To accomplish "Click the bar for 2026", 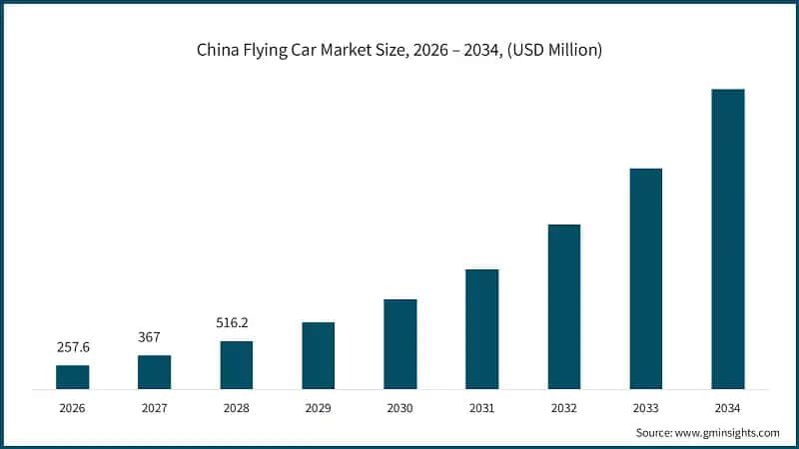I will pyautogui.click(x=72, y=377).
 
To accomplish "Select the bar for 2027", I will pyautogui.click(x=154, y=372).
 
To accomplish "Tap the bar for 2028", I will pyautogui.click(x=237, y=365).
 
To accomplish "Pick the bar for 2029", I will pyautogui.click(x=319, y=355).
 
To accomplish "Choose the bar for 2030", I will pyautogui.click(x=400, y=344).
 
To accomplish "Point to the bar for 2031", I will pyautogui.click(x=482, y=329).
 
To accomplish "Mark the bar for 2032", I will pyautogui.click(x=564, y=306).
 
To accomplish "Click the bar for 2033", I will pyautogui.click(x=646, y=278).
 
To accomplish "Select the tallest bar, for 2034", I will pyautogui.click(x=728, y=238).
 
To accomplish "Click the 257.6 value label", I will pyautogui.click(x=72, y=347).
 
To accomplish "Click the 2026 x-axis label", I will pyautogui.click(x=72, y=408).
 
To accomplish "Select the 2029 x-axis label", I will pyautogui.click(x=319, y=408).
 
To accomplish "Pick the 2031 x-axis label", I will pyautogui.click(x=482, y=408).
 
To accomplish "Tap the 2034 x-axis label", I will pyautogui.click(x=728, y=408).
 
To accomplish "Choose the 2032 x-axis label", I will pyautogui.click(x=564, y=408).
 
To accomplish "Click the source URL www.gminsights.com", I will pyautogui.click(x=728, y=433).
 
